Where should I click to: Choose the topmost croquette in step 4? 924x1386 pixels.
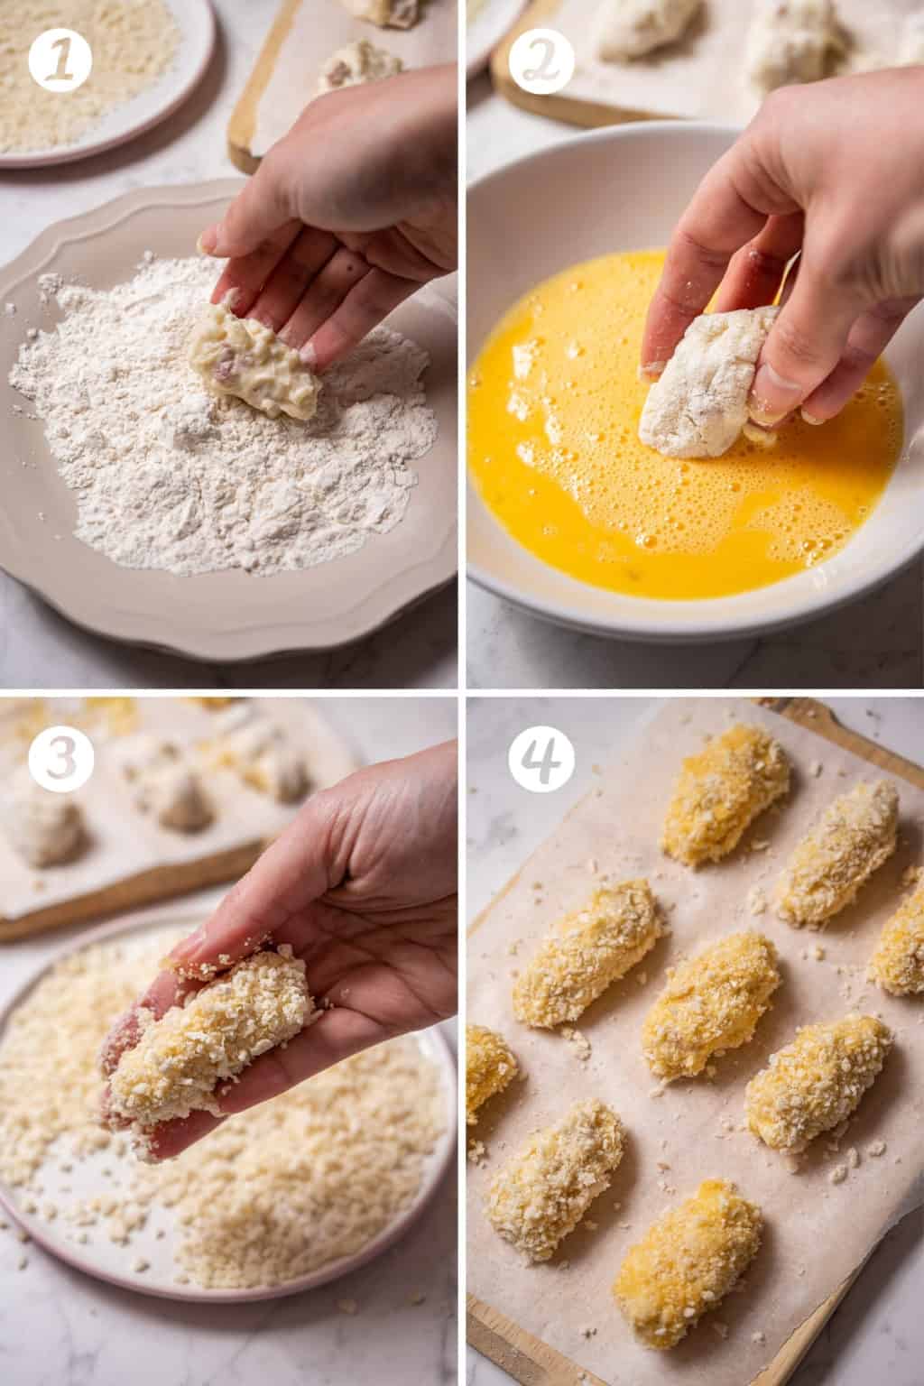click(726, 803)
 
